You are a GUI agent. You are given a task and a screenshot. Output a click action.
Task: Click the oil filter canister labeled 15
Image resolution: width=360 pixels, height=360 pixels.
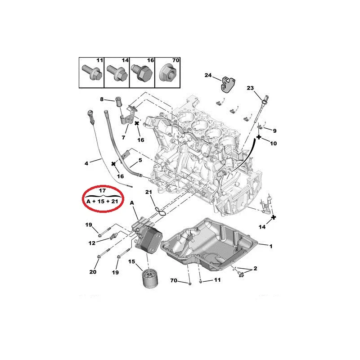149,279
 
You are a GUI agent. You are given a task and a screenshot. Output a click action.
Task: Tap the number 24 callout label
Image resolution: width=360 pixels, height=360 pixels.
208,75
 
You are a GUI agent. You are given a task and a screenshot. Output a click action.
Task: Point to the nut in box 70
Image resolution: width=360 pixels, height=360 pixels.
167,73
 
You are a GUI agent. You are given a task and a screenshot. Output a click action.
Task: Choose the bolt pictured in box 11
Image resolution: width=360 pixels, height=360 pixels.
92,72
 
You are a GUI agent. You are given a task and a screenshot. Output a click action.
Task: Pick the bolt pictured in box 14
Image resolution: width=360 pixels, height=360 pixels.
117,72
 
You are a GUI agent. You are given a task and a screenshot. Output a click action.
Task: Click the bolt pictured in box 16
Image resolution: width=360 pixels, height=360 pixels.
142,72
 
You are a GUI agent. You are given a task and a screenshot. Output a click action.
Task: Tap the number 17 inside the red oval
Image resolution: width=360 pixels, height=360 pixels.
103,190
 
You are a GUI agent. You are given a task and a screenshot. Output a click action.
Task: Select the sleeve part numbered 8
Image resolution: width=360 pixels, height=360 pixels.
118,102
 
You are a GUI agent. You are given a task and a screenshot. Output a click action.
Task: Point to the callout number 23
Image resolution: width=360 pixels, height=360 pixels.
250,88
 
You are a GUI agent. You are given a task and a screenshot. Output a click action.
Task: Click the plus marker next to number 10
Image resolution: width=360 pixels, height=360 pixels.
259,137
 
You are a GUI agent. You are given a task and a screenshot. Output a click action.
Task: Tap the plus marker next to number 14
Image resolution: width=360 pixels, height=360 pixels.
274,217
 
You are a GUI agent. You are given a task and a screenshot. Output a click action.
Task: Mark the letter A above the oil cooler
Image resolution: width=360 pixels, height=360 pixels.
132,203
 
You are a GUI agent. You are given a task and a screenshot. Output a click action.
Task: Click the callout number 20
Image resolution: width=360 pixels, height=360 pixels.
93,272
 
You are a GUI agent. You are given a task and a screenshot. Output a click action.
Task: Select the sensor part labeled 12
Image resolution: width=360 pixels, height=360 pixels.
114,236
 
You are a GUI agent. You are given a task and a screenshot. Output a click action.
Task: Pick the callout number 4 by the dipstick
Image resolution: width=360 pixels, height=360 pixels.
86,163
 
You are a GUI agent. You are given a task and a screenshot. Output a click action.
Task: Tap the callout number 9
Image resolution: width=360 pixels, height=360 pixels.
274,131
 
